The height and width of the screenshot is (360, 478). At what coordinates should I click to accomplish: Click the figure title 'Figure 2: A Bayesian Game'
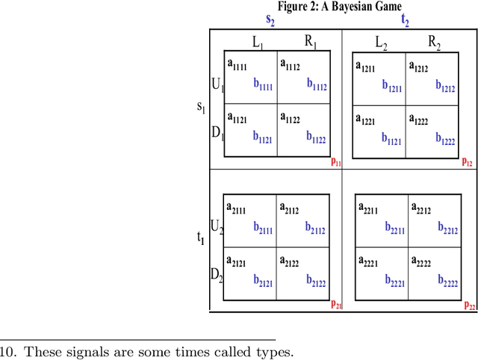(340, 7)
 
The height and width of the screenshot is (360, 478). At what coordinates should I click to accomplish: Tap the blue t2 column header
(405, 22)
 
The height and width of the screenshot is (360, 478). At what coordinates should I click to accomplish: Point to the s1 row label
(200, 106)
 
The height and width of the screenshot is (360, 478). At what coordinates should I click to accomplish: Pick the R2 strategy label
(434, 43)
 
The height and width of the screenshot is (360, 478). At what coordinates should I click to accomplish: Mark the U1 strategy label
(217, 85)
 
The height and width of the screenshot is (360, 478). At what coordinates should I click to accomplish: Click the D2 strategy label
(217, 276)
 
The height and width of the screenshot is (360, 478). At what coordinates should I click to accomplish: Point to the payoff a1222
(422, 118)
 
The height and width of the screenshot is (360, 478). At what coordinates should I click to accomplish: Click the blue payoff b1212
(444, 87)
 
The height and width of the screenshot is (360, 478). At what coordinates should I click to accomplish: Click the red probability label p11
(336, 161)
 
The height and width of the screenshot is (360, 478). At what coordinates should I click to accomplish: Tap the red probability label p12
(467, 161)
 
